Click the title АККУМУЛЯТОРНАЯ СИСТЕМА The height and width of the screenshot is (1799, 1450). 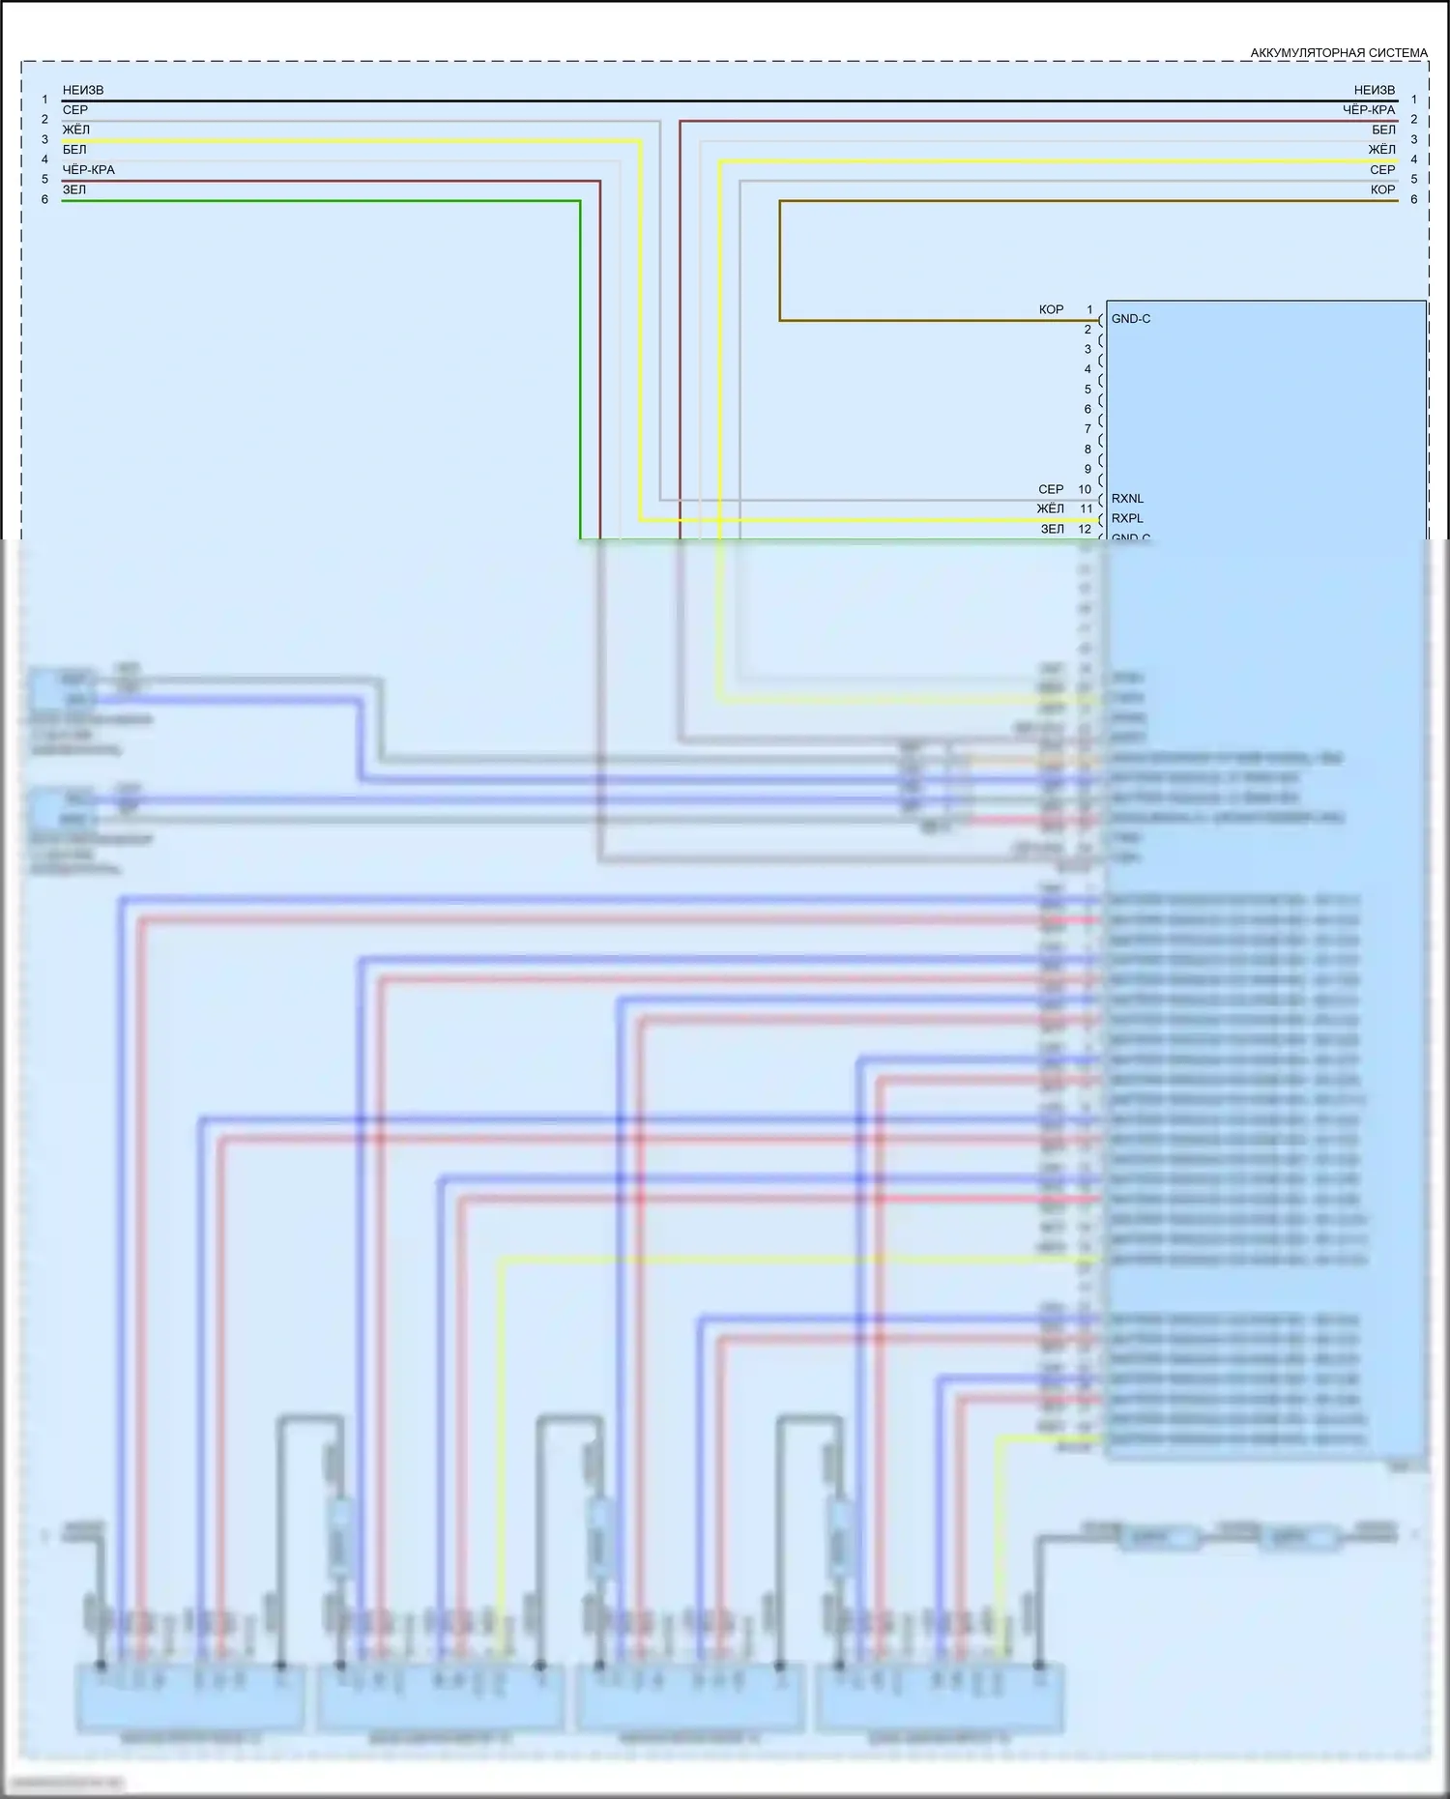coord(1338,53)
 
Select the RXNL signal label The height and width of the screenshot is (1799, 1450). coord(1127,499)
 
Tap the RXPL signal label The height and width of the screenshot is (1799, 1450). coord(1127,519)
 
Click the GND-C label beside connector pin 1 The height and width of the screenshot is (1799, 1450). coord(1131,319)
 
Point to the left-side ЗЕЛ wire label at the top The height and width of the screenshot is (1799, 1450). coord(74,190)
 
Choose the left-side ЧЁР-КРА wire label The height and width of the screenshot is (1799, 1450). coord(89,170)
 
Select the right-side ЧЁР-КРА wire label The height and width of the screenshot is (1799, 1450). coord(1369,110)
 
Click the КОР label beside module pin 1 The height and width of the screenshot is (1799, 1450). coord(1051,310)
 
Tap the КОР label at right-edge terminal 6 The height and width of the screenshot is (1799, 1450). coord(1382,190)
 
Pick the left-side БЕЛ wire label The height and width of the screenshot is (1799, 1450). coord(74,150)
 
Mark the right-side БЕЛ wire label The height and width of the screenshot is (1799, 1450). coord(1383,131)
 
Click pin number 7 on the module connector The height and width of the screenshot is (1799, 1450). coord(1087,429)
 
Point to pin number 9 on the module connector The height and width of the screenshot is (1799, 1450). coord(1087,470)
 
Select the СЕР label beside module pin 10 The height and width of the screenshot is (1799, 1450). coord(1051,490)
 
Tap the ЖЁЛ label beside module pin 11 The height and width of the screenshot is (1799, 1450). coord(1050,509)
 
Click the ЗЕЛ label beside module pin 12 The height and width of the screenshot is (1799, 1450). coord(1052,530)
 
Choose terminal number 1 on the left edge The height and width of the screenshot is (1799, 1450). coord(44,100)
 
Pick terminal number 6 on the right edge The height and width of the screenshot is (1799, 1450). coord(1413,200)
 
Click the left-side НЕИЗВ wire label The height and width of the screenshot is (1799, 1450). coord(83,91)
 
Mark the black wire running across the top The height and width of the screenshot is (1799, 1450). coord(725,101)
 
